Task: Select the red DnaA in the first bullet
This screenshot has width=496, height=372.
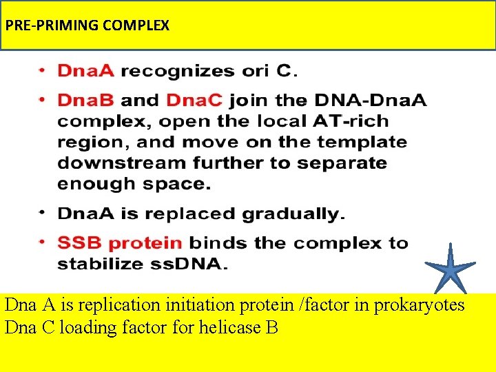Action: coord(86,70)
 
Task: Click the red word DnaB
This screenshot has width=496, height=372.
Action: coord(86,101)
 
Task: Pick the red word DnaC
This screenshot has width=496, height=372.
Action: coord(194,101)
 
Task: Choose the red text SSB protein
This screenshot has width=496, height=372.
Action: coord(120,243)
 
